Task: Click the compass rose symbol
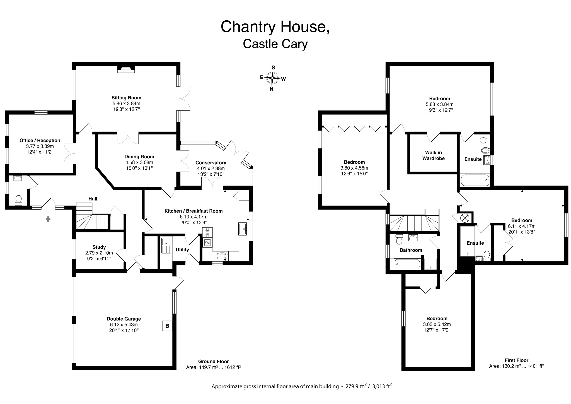(272, 78)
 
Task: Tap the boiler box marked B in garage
(167, 326)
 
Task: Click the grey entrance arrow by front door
(48, 219)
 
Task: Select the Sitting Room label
(126, 98)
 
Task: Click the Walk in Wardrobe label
(433, 155)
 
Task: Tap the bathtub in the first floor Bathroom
(407, 264)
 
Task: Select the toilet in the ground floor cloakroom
(19, 200)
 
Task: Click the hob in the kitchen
(222, 255)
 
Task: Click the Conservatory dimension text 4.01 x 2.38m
(211, 169)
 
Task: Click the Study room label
(99, 247)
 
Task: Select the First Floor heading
(516, 360)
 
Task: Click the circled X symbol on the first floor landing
(464, 218)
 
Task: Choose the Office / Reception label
(40, 140)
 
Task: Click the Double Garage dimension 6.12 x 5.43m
(124, 324)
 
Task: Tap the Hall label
(93, 199)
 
